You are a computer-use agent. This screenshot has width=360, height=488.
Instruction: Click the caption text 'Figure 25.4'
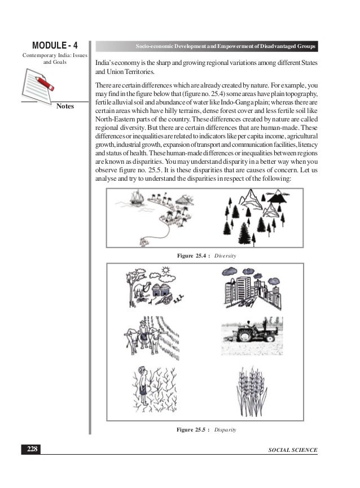click(192, 256)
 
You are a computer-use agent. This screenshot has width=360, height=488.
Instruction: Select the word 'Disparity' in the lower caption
click(225, 430)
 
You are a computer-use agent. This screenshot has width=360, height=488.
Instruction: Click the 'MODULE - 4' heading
click(55, 45)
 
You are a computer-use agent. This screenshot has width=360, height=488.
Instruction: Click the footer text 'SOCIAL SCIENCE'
click(293, 450)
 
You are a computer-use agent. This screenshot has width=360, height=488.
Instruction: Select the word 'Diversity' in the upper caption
click(225, 256)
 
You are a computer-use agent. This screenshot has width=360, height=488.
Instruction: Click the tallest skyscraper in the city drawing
click(243, 289)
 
